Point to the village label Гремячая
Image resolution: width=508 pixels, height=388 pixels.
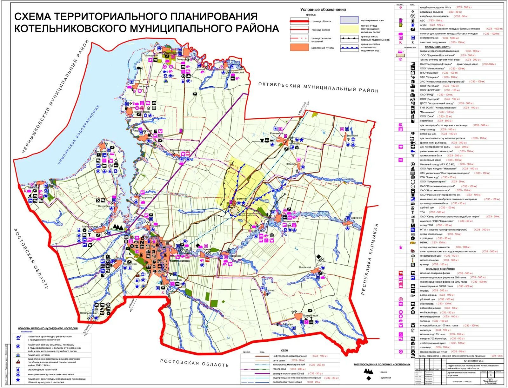(x=241, y=199)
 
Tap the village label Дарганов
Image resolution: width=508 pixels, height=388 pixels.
(x=357, y=218)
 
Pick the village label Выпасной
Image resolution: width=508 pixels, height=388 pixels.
(x=305, y=267)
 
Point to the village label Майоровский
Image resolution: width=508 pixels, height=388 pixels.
(x=90, y=227)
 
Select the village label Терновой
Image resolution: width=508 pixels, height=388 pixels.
(x=352, y=136)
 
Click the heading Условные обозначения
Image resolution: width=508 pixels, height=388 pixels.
(x=323, y=10)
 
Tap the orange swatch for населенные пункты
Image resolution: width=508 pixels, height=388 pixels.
(x=299, y=48)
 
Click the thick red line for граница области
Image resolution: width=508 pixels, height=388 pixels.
(x=299, y=22)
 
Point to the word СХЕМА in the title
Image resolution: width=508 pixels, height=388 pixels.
(x=34, y=16)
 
